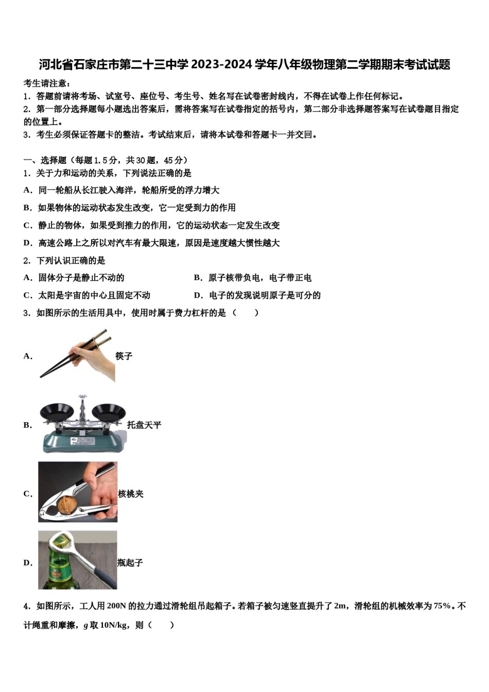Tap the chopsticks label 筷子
click(x=124, y=356)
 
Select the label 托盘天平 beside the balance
click(x=144, y=425)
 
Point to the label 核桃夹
click(x=131, y=494)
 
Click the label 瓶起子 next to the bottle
click(x=130, y=563)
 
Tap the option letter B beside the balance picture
click(x=27, y=425)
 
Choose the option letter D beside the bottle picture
click(x=27, y=563)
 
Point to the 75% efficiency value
click(x=442, y=606)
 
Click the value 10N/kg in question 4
click(x=114, y=625)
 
